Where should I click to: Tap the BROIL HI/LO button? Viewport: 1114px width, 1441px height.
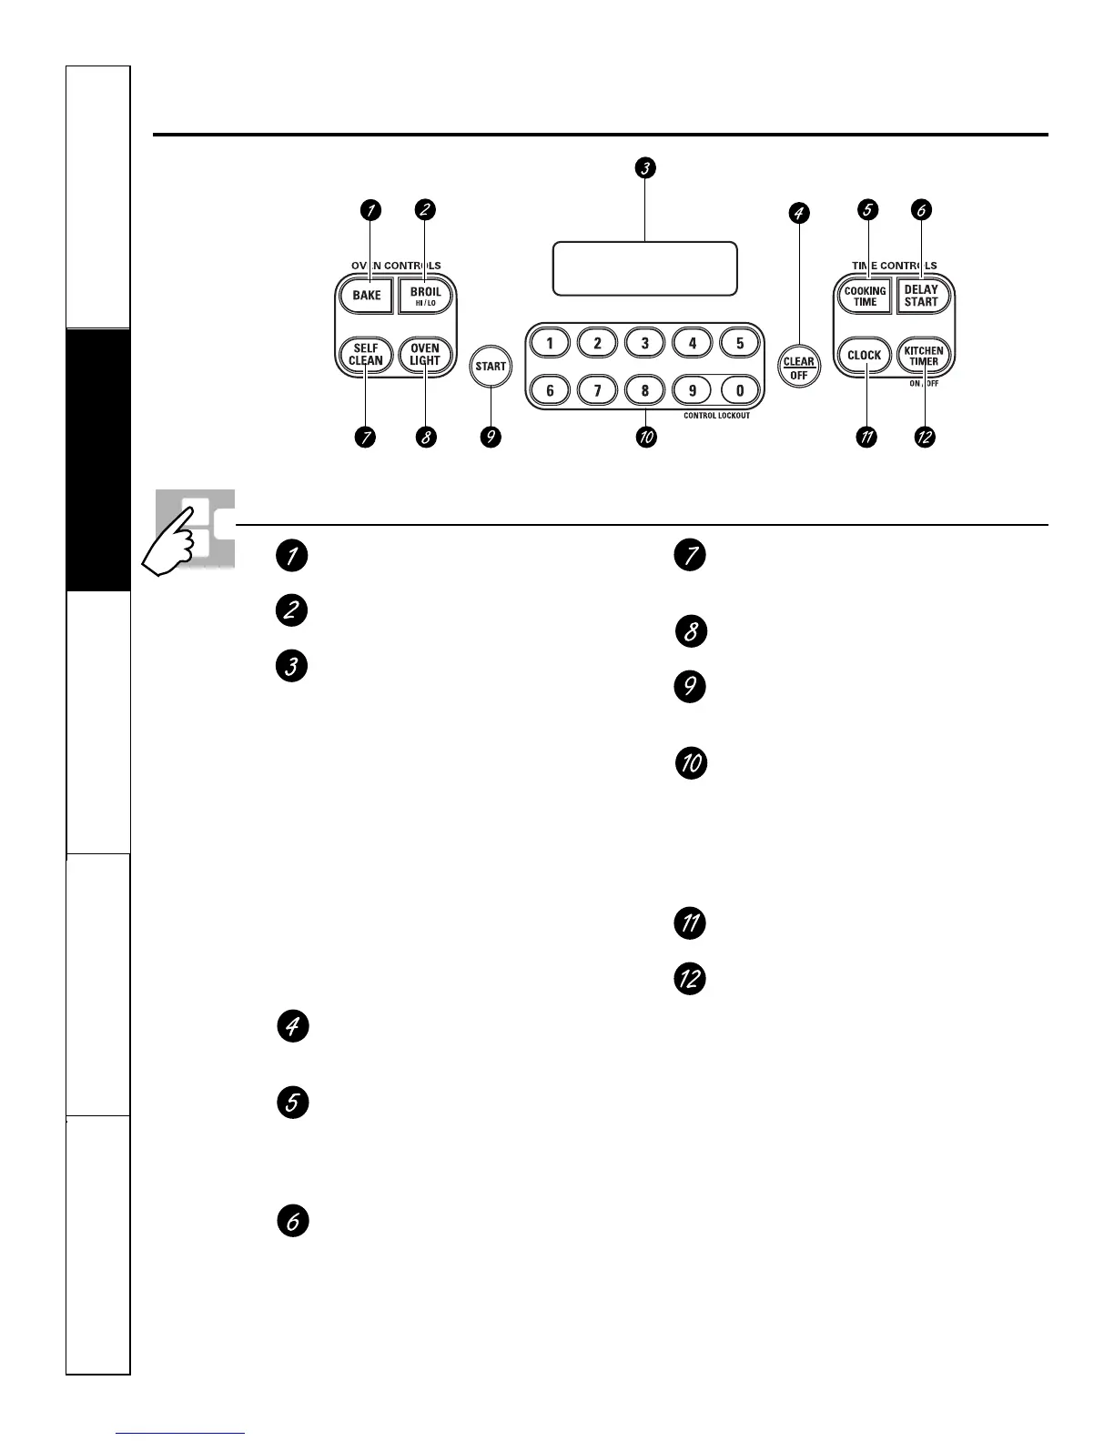(425, 296)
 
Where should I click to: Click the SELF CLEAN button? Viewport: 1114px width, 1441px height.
(366, 354)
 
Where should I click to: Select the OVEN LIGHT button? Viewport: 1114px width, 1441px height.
(425, 354)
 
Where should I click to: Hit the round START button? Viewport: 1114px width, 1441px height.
(491, 367)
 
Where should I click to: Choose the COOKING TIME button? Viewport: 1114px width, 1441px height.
(865, 297)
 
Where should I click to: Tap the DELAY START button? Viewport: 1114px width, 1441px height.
(921, 296)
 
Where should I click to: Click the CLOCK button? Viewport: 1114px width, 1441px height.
(864, 355)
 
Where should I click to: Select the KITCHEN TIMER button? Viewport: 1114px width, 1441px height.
(923, 355)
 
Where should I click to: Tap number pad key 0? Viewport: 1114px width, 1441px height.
(740, 390)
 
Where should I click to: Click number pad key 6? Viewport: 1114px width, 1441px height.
(550, 390)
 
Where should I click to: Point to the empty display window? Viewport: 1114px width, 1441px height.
(644, 268)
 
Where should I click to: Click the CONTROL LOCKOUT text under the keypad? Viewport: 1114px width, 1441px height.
(716, 416)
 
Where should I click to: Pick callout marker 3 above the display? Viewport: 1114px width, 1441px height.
(645, 167)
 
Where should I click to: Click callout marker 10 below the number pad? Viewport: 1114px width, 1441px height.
(645, 438)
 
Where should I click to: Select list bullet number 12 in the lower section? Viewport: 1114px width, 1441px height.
(690, 979)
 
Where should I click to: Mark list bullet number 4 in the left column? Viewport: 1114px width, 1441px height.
(292, 1027)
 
